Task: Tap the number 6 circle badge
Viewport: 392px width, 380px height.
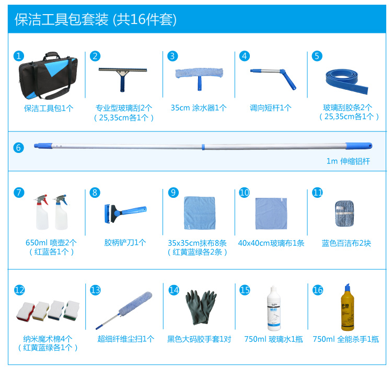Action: coord(19,147)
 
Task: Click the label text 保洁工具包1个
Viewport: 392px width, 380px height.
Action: coord(49,108)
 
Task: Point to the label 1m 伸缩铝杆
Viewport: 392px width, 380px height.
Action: coord(348,161)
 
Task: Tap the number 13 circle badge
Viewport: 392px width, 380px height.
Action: coord(96,290)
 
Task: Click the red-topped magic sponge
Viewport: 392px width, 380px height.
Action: coord(24,310)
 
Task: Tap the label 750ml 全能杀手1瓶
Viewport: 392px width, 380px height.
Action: coord(345,339)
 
